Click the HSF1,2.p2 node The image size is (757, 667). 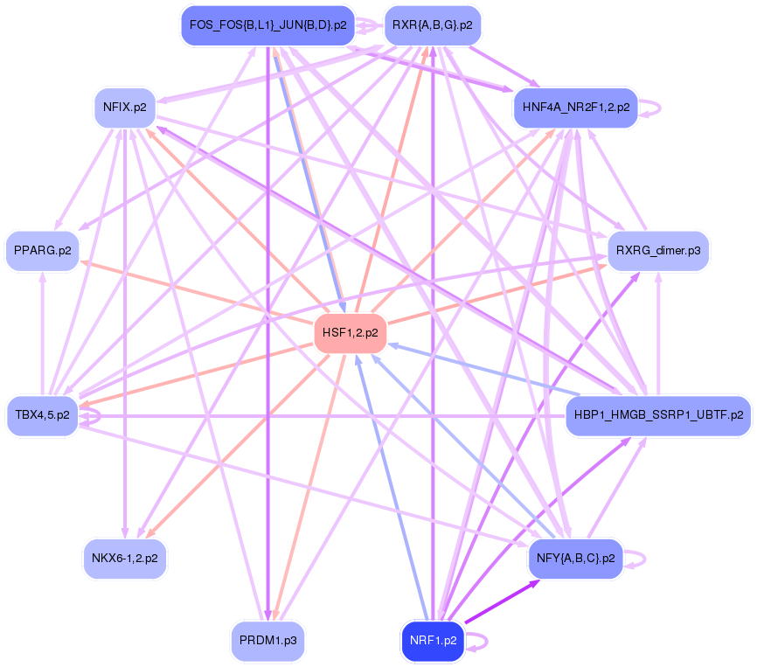350,332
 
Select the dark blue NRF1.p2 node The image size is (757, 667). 433,641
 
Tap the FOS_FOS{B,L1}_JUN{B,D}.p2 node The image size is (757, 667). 267,25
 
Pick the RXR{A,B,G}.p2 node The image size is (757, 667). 432,25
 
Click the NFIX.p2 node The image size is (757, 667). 125,108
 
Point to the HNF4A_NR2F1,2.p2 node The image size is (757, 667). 576,108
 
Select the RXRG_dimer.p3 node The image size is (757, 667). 658,250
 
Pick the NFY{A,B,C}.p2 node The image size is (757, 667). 576,557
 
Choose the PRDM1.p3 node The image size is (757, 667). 267,641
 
